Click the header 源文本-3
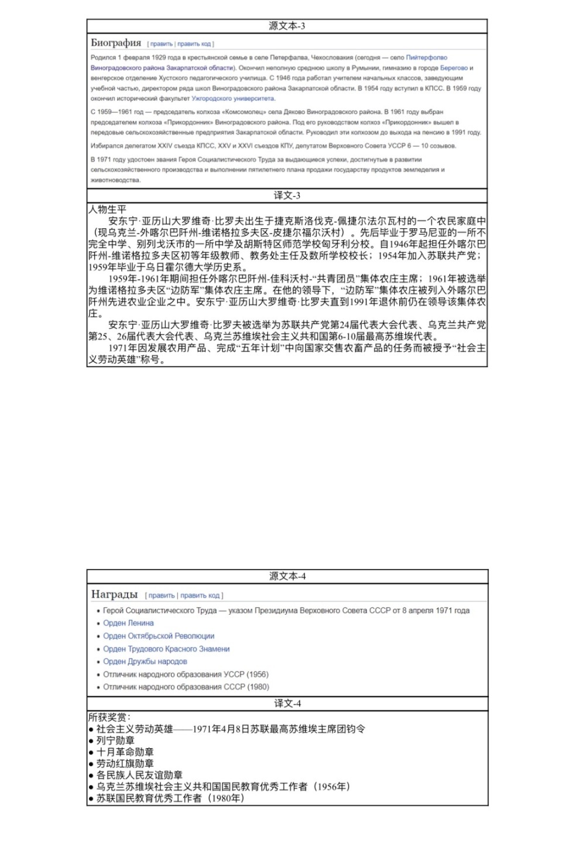(287, 26)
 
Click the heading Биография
(116, 43)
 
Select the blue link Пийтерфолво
(426, 57)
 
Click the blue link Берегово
(454, 68)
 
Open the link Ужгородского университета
(241, 98)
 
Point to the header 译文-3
(287, 196)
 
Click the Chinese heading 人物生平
(107, 209)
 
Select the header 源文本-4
(287, 576)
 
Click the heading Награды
(114, 594)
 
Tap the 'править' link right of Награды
(162, 595)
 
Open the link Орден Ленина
(128, 623)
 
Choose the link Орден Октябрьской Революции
(159, 636)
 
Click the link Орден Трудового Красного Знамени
(166, 649)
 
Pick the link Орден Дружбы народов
(145, 662)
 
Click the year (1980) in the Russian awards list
(258, 687)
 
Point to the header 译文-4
(287, 703)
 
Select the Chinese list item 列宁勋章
(115, 741)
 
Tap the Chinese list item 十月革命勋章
(125, 752)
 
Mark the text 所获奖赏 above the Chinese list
(108, 717)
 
